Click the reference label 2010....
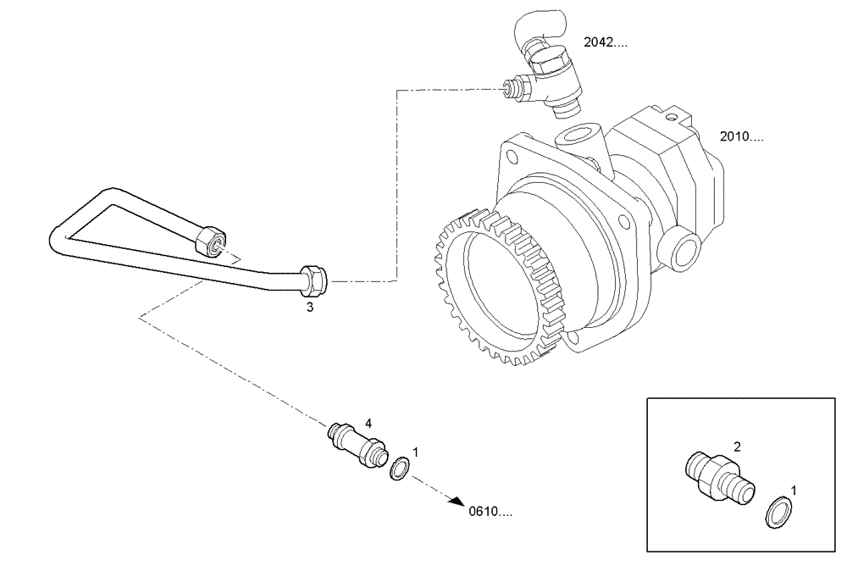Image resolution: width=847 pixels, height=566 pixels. pyautogui.click(x=740, y=136)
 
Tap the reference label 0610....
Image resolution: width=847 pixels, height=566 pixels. pyautogui.click(x=490, y=511)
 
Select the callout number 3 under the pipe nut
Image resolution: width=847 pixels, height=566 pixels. pyautogui.click(x=310, y=308)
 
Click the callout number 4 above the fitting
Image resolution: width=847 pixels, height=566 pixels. pyautogui.click(x=368, y=421)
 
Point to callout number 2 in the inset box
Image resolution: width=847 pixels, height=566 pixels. pyautogui.click(x=738, y=446)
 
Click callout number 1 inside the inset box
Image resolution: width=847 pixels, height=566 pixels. pyautogui.click(x=793, y=490)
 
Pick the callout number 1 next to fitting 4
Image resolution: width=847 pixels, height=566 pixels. pyautogui.click(x=415, y=452)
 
